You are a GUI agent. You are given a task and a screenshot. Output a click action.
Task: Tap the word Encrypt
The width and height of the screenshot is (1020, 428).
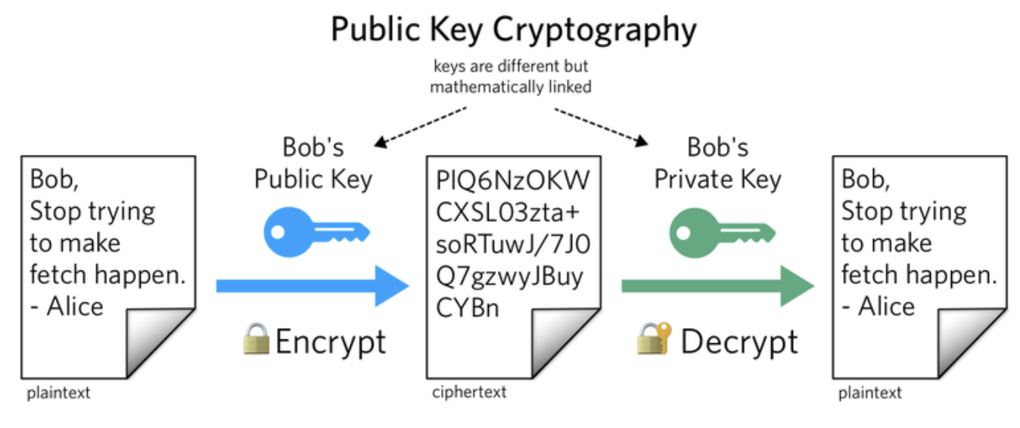tap(331, 342)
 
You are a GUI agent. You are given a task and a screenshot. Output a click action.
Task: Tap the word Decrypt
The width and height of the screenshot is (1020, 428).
tap(739, 342)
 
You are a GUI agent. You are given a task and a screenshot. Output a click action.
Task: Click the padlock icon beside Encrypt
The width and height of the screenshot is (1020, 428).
tap(256, 340)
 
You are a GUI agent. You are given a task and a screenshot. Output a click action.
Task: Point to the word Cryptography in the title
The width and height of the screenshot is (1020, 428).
tap(595, 30)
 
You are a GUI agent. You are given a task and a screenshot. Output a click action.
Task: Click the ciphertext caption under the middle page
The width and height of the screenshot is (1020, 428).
tap(469, 392)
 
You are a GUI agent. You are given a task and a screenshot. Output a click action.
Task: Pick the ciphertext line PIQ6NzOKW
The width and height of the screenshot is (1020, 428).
tap(512, 181)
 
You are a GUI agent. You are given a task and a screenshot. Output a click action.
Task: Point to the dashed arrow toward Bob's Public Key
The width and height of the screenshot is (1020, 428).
tap(420, 126)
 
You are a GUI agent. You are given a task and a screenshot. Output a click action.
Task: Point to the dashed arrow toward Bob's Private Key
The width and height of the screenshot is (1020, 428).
tap(602, 126)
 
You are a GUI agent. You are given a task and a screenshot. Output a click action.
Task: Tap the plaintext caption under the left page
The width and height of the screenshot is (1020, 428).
tap(58, 393)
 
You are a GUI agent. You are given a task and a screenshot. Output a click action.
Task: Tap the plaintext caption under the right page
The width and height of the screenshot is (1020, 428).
tap(870, 393)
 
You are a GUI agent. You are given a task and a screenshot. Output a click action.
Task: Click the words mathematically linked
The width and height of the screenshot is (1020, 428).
tap(511, 87)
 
